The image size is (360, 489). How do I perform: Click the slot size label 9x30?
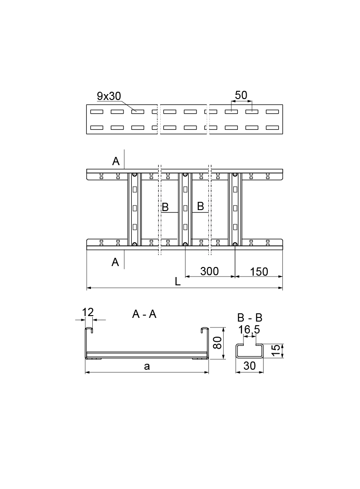pos(109,96)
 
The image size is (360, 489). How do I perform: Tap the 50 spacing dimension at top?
pos(241,95)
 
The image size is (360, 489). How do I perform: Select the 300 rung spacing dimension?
pos(209,271)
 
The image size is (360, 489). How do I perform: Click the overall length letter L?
pos(178,283)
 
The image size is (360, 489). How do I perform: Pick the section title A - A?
pos(144,314)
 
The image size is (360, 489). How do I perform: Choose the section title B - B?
pos(250,318)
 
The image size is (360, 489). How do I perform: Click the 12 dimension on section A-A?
pos(88,312)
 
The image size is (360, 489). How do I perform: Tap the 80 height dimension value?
pos(218,342)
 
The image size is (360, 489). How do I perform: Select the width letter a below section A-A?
pos(146,366)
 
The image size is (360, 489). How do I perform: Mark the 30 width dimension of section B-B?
pos(250,366)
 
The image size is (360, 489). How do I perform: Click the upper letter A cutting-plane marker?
pos(116,161)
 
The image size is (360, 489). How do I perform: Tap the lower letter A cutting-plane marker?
pos(115,262)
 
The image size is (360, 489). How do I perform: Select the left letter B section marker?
pos(165,207)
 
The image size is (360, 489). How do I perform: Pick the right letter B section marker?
pos(200,206)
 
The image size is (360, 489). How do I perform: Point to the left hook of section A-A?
pos(89,330)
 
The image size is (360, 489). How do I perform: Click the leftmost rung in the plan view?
pos(134,209)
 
